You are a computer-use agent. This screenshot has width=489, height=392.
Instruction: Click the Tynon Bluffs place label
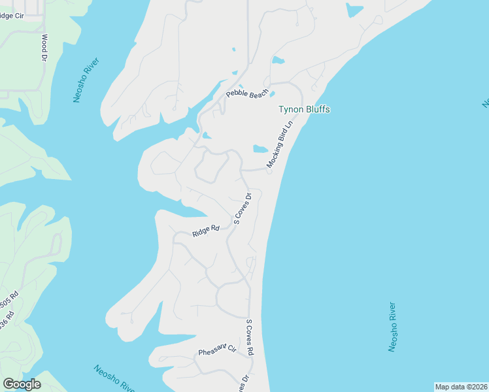[x=304, y=109]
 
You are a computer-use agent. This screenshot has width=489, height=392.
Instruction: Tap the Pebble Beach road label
[x=248, y=92]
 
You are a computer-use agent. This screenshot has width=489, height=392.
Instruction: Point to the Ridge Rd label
[x=205, y=231]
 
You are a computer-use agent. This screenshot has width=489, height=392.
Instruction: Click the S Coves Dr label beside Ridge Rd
[x=243, y=208]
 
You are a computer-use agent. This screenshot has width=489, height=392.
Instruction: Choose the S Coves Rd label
[x=250, y=337]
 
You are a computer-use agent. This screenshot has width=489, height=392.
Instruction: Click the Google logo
[x=22, y=384]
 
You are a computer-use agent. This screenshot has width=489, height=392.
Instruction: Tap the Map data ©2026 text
[x=461, y=387]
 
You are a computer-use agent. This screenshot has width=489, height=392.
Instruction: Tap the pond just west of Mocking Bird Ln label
[x=260, y=148]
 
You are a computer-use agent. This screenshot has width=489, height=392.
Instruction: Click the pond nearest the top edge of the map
[x=354, y=10]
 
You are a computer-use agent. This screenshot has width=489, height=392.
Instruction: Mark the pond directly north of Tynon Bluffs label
[x=278, y=61]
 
